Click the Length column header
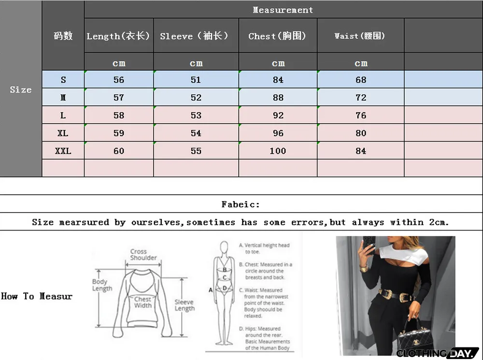point(118,36)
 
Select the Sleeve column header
point(194,36)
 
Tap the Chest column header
point(277,36)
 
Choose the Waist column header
point(360,36)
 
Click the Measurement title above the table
point(283,10)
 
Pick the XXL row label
point(63,151)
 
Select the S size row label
point(63,80)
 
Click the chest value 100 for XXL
point(278,151)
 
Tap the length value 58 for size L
point(119,115)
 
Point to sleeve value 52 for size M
point(196,98)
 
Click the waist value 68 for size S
point(361,80)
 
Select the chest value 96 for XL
point(278,133)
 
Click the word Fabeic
point(241,204)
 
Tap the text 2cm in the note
point(439,222)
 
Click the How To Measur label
point(37,296)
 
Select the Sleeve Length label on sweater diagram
point(185,305)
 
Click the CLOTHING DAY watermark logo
point(437,353)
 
